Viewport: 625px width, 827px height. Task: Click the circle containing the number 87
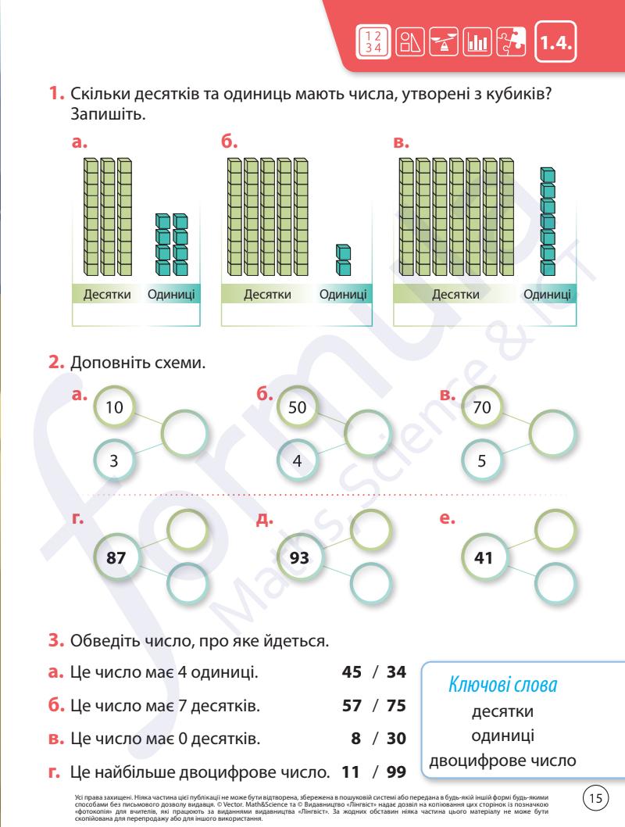115,558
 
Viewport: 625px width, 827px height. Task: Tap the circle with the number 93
299,558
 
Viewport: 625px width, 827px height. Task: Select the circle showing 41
483,558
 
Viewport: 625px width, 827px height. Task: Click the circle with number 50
297,407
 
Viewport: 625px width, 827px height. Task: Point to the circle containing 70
482,407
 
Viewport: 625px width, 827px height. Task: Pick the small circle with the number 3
114,461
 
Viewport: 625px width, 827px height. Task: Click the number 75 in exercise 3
396,706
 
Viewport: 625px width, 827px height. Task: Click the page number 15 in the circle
596,799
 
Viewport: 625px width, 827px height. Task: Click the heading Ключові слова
502,686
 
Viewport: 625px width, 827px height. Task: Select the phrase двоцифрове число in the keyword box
502,761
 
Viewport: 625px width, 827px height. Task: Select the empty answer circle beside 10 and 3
186,431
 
